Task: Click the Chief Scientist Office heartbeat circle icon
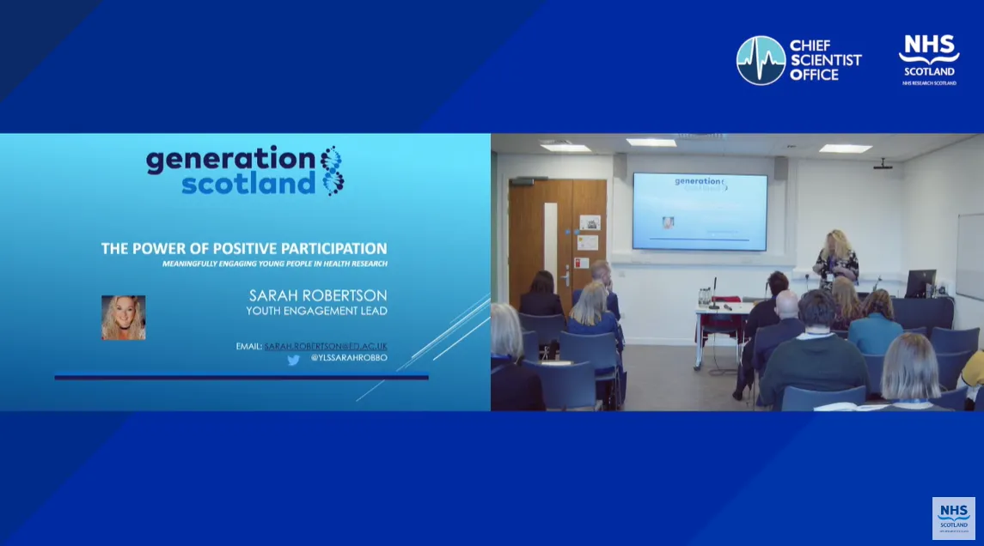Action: (x=761, y=60)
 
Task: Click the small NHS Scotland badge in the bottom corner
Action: (x=953, y=518)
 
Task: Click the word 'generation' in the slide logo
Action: (x=231, y=160)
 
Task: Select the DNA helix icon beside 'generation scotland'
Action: (x=332, y=170)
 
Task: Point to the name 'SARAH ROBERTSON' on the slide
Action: (x=318, y=296)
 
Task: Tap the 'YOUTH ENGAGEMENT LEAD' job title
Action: (x=316, y=311)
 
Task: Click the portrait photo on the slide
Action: (x=123, y=318)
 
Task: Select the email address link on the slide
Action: (x=325, y=346)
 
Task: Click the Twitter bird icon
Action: (x=293, y=360)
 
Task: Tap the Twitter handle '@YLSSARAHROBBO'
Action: (x=349, y=357)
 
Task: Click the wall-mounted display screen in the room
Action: (x=700, y=211)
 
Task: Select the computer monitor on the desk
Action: (x=920, y=282)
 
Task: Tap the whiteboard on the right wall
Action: (x=970, y=256)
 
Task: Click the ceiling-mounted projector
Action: (x=883, y=163)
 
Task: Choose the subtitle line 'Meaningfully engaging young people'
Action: (x=274, y=264)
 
